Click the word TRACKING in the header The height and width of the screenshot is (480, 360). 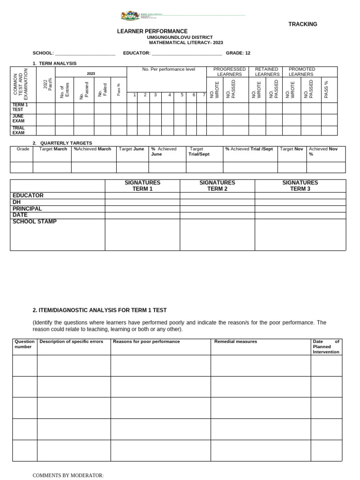[302, 24]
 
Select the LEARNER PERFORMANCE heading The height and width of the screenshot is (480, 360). [152, 31]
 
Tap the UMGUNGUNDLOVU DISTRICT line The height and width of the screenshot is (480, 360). [180, 37]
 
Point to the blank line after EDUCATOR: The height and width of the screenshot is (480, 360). [187, 53]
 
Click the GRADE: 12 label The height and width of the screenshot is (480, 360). [238, 53]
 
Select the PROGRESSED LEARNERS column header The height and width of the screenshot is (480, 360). [229, 72]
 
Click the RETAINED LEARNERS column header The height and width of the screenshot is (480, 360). [267, 72]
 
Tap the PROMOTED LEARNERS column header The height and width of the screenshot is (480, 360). [302, 72]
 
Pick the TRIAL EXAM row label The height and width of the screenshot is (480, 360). [19, 130]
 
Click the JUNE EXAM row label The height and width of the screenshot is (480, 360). [18, 119]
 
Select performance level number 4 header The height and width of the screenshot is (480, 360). [170, 95]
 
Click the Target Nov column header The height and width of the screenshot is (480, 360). [292, 149]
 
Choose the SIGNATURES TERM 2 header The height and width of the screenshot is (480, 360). [217, 186]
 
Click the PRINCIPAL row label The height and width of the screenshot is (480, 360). [27, 209]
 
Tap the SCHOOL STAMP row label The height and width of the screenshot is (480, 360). [34, 222]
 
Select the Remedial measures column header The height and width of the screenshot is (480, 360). [235, 342]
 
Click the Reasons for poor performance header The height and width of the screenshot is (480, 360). [146, 342]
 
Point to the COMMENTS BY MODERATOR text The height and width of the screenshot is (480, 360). [68, 475]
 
